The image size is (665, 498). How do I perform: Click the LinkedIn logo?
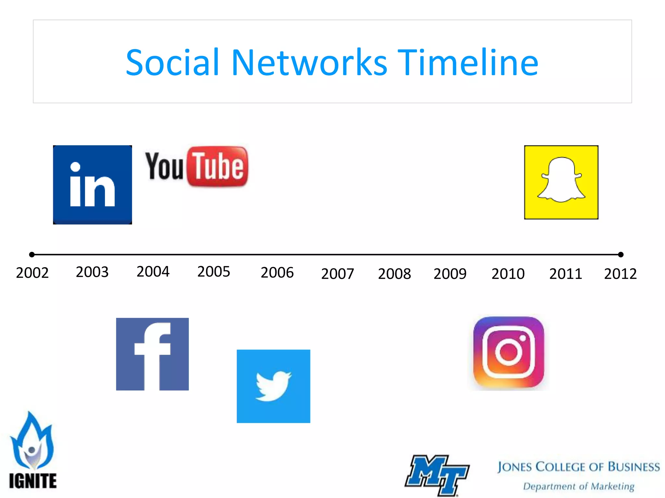93,185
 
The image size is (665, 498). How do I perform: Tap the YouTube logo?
197,167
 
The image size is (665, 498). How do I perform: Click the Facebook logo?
152,354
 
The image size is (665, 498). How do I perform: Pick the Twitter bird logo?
273,386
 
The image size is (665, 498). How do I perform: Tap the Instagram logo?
508,352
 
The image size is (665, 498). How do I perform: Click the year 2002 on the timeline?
32,273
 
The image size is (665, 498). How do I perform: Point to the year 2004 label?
153,272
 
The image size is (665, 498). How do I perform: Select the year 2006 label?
277,273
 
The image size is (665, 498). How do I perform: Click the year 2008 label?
395,274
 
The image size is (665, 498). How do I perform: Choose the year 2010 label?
508,274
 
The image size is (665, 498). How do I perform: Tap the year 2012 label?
620,274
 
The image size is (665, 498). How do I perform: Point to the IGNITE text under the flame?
33,481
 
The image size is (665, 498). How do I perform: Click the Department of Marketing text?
579,486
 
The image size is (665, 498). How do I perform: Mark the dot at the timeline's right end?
621,255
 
